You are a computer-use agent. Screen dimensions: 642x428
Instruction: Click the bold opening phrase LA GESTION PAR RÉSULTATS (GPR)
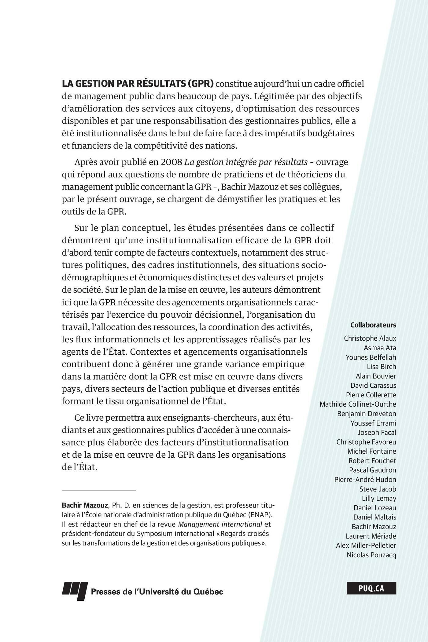pos(138,84)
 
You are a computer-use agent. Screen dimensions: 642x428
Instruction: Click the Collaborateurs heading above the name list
pos(373,325)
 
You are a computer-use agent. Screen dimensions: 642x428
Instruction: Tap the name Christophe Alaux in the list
pos(370,338)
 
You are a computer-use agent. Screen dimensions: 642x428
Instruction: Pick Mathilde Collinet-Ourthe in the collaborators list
pos(358,404)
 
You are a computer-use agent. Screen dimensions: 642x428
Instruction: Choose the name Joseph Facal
pos(377,433)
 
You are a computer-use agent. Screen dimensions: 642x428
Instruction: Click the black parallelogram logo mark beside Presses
pos(75,590)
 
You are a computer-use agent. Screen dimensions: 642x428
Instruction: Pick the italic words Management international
pos(220,524)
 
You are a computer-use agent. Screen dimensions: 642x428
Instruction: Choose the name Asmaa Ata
pos(380,348)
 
